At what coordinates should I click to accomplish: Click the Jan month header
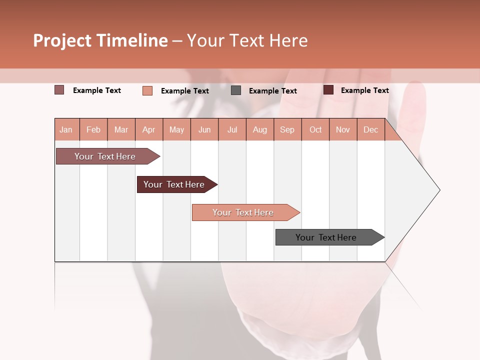66,129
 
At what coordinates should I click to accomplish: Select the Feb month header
93,129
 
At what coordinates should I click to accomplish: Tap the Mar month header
121,129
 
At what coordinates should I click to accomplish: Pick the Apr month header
148,129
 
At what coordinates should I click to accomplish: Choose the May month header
176,129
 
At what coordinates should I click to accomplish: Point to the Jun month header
204,129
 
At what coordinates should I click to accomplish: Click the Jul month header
232,129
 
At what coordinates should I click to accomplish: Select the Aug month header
259,129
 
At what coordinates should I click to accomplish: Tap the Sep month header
287,129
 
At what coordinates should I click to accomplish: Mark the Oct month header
315,129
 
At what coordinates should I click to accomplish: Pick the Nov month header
342,129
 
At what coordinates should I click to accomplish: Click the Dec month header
370,129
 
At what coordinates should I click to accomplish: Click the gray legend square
236,90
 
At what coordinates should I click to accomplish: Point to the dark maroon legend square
328,90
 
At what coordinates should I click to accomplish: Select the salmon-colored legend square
147,90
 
